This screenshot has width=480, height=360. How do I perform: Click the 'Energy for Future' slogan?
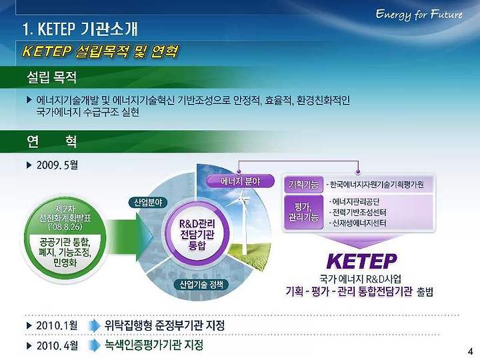419,15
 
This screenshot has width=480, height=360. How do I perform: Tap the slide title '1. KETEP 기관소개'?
80,29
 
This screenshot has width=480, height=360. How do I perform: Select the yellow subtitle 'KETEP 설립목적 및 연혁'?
100,51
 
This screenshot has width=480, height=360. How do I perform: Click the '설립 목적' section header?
52,77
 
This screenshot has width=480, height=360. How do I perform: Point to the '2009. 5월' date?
57,165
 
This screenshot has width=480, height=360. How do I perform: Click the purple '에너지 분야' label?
240,181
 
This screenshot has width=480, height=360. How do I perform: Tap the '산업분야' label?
149,203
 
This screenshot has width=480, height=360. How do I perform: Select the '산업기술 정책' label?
201,285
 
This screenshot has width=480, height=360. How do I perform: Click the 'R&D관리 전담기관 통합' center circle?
197,234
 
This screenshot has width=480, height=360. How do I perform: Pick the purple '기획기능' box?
303,185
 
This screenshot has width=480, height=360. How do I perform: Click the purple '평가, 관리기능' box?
303,212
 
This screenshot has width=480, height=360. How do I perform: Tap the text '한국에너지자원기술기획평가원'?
377,185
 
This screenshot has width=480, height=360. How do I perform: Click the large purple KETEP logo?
361,261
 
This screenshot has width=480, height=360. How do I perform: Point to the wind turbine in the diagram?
243,221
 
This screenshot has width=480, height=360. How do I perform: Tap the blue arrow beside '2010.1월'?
94,326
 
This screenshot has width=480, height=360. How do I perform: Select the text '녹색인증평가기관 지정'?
154,345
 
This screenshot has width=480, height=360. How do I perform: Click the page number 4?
470,351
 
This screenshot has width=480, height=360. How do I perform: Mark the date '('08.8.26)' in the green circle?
65,227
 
